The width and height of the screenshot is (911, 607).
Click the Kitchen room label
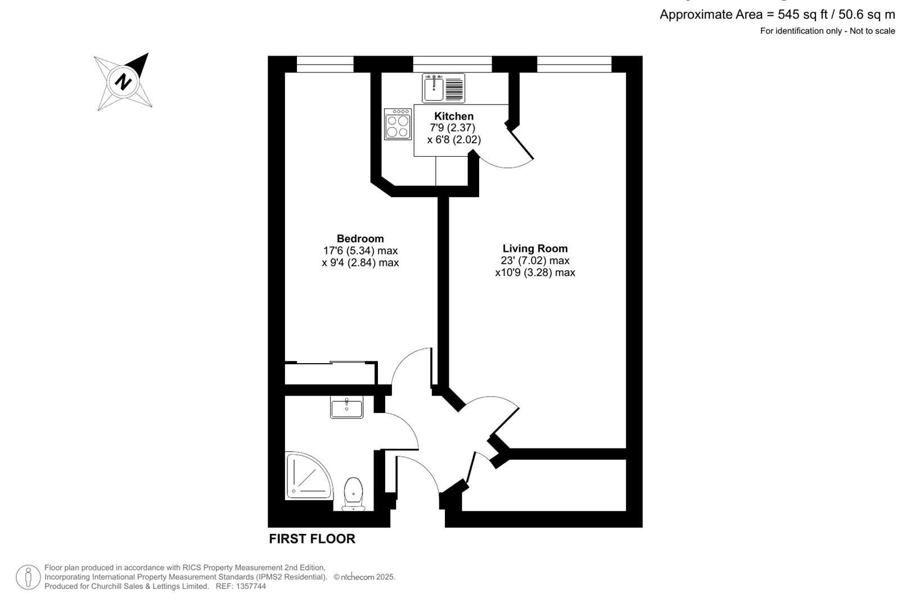(453, 116)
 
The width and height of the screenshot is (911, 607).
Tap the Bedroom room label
(360, 238)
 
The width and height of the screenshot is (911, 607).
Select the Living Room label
(535, 248)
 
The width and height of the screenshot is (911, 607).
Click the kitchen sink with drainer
(443, 88)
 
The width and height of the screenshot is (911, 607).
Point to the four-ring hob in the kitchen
(398, 124)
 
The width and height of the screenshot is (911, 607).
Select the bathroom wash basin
(346, 407)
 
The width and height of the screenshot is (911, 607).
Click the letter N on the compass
(123, 81)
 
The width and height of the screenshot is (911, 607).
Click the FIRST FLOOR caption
(312, 538)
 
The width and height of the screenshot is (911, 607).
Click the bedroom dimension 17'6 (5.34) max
(360, 251)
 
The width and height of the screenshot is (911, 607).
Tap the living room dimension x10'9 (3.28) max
(535, 273)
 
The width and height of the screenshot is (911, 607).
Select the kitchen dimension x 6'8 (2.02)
(454, 140)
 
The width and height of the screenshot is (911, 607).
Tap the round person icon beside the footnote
(28, 577)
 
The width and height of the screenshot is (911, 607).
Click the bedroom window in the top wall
(325, 64)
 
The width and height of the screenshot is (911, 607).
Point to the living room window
(574, 64)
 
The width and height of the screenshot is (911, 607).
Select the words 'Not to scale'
(872, 31)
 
